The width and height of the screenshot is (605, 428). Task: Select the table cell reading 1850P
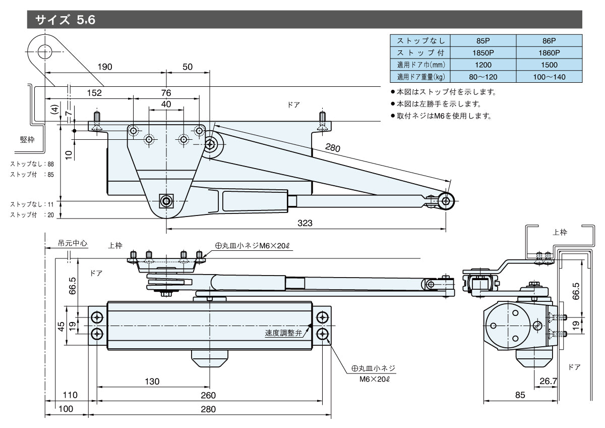pyautogui.click(x=482, y=52)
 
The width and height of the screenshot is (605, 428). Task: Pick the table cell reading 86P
pyautogui.click(x=549, y=40)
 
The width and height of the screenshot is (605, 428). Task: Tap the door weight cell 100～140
pyautogui.click(x=549, y=77)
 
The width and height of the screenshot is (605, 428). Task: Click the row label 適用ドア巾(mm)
pyautogui.click(x=420, y=65)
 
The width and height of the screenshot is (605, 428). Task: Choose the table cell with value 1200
pyautogui.click(x=482, y=65)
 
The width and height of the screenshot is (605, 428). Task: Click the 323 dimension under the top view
pyautogui.click(x=306, y=223)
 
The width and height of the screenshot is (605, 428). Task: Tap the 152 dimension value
pyautogui.click(x=94, y=93)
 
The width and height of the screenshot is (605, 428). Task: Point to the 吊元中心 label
pyautogui.click(x=73, y=243)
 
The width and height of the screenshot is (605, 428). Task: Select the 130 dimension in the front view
pyautogui.click(x=152, y=381)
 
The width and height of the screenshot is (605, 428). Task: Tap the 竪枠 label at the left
pyautogui.click(x=27, y=140)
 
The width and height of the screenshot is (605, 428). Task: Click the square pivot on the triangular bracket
pyautogui.click(x=166, y=201)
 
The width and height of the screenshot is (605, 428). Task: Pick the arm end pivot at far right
pyautogui.click(x=446, y=201)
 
